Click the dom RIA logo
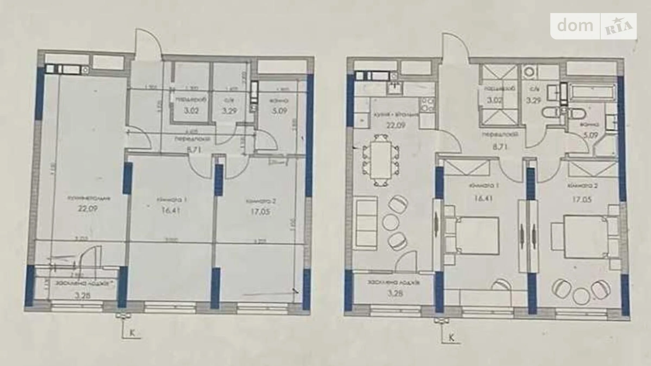click(593, 26)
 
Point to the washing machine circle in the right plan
click(529, 72)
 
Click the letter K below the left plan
click(132, 333)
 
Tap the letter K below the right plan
click(451, 338)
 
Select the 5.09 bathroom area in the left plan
click(279, 111)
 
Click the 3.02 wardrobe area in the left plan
click(191, 111)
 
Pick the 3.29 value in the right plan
click(533, 100)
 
